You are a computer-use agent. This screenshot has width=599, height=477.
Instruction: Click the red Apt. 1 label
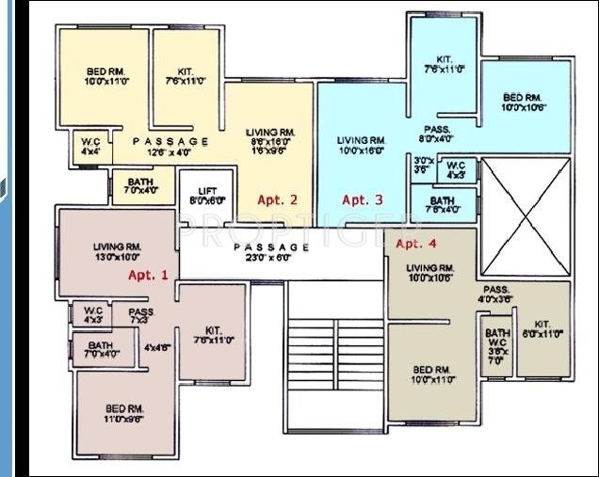(x=148, y=276)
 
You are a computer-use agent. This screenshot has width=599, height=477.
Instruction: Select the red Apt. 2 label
(x=277, y=199)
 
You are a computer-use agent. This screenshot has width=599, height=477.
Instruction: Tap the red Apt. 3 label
(x=362, y=199)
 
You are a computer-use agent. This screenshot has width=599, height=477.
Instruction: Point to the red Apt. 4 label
(x=416, y=244)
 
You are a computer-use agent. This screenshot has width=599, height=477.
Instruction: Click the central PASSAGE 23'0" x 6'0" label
(x=271, y=251)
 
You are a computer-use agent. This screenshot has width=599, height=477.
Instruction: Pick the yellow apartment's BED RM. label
(x=105, y=76)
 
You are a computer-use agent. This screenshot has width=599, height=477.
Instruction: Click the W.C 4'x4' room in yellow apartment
(x=90, y=147)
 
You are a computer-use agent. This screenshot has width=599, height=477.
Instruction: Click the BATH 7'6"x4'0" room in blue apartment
(x=442, y=205)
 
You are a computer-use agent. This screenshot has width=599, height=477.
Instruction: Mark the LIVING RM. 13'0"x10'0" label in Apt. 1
(x=116, y=251)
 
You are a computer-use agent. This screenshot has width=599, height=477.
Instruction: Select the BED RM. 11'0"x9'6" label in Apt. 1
(x=123, y=414)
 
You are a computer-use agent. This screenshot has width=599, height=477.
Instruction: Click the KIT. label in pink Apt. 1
(x=213, y=335)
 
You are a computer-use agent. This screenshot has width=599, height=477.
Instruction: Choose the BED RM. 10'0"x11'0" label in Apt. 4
(x=432, y=374)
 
